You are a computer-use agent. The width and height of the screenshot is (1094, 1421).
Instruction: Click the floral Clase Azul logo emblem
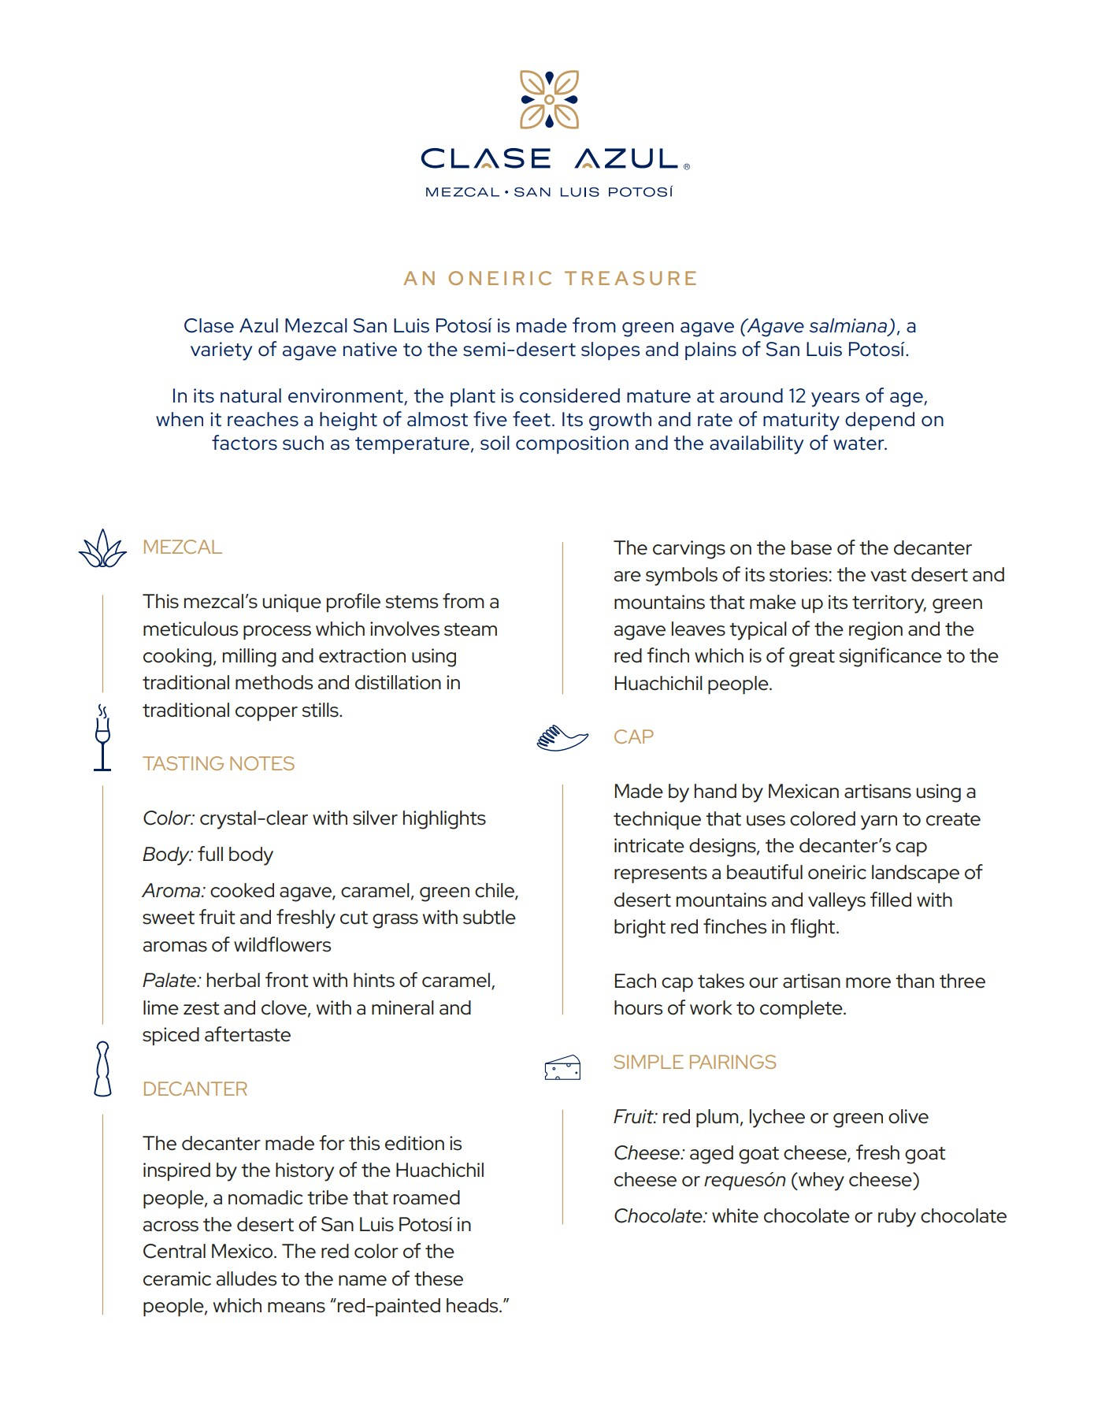(x=549, y=99)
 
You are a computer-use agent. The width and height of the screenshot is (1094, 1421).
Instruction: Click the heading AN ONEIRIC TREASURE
(x=551, y=278)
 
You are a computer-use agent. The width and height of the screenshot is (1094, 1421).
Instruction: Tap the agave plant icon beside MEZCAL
(x=102, y=548)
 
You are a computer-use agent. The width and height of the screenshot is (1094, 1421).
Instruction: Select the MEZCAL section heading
(x=182, y=547)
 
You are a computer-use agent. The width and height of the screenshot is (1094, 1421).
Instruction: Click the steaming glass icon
(x=102, y=737)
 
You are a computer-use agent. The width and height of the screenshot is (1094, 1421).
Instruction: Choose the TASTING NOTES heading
(x=218, y=763)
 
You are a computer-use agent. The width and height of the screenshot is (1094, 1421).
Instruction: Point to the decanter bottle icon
(x=102, y=1069)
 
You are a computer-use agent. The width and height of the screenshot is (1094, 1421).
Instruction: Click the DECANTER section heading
(x=195, y=1089)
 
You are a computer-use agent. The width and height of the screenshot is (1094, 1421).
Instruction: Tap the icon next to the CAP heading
(x=562, y=738)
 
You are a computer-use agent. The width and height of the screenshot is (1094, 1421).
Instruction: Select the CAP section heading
(x=633, y=736)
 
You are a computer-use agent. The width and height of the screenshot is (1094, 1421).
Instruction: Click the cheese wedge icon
(x=562, y=1067)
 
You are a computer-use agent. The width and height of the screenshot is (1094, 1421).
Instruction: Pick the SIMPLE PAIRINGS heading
(x=694, y=1062)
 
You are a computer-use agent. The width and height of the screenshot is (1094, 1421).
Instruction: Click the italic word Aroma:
(x=174, y=891)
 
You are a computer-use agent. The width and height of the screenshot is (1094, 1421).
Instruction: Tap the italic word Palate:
(x=172, y=981)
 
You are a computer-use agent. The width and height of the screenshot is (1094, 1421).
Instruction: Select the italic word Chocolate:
(x=660, y=1216)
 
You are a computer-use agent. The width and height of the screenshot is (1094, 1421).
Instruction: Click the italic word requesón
(x=744, y=1180)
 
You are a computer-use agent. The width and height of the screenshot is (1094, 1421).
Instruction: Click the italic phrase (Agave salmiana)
(x=818, y=325)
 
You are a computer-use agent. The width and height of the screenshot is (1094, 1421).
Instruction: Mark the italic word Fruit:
(x=635, y=1117)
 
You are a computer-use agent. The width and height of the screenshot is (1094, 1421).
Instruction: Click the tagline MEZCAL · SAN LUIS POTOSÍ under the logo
(x=549, y=191)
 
